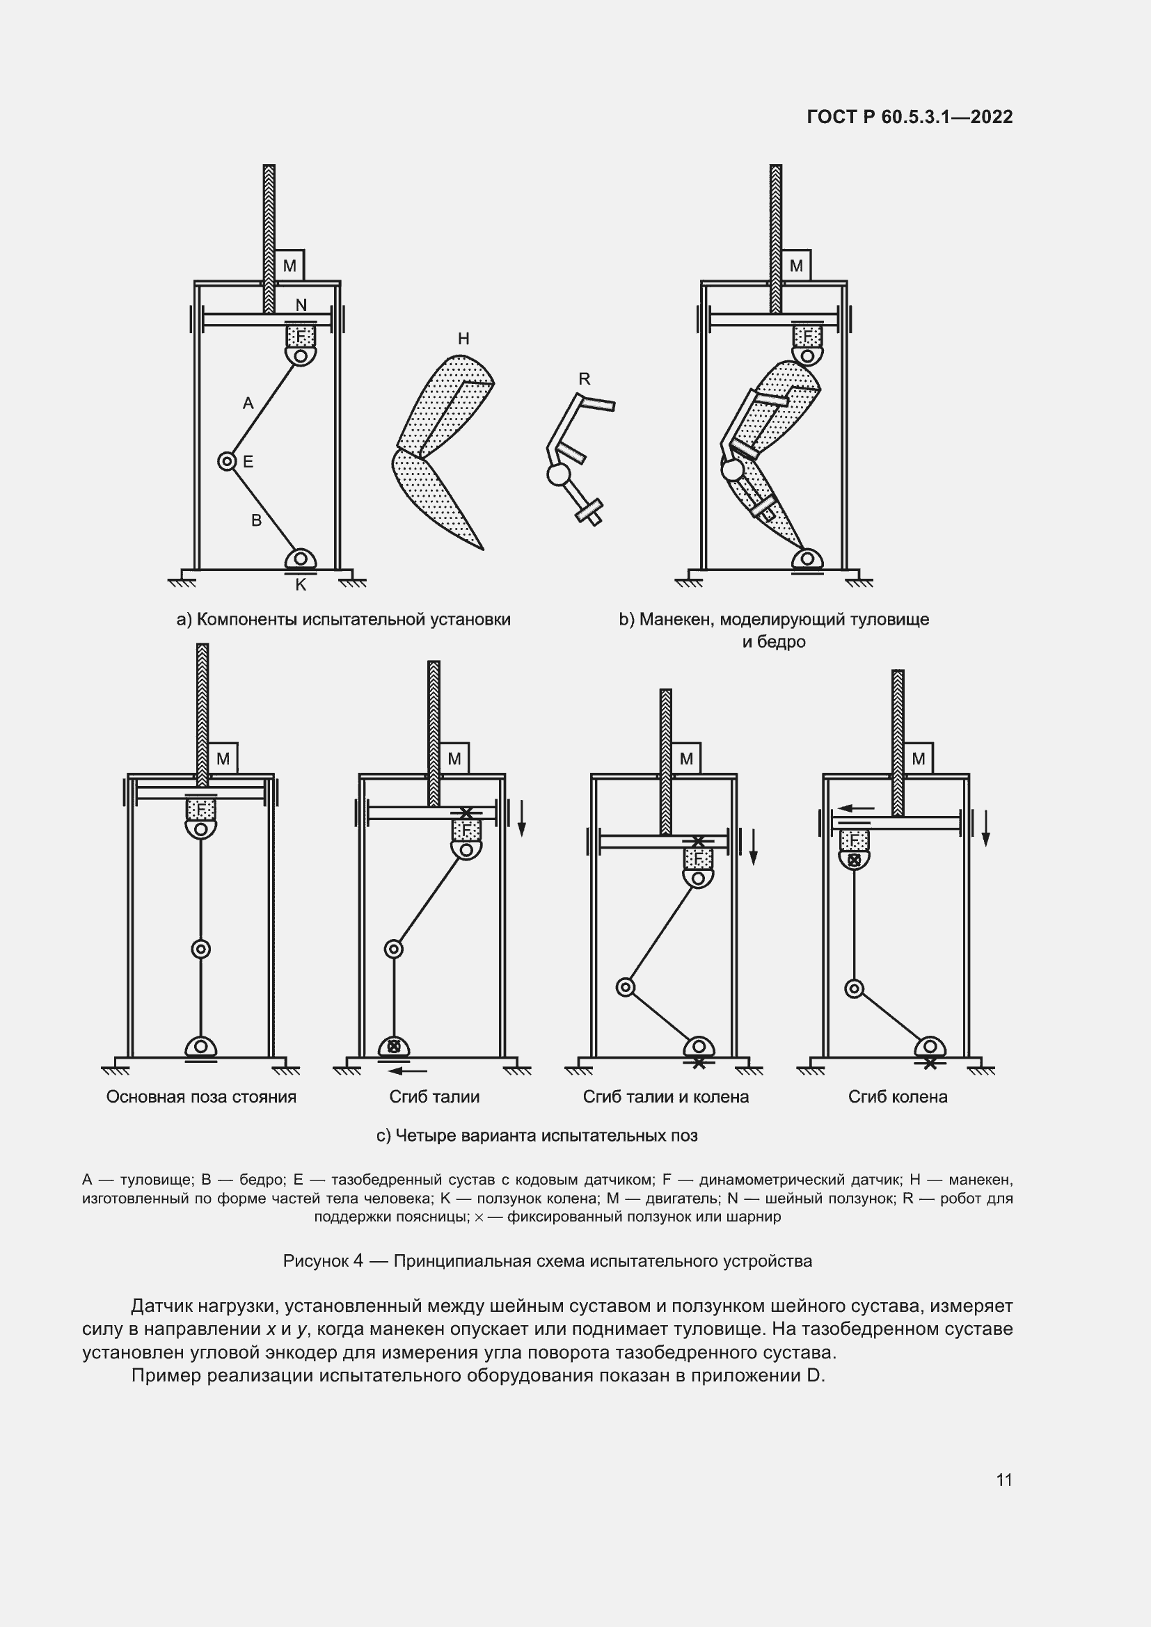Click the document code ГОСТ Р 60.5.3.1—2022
910,117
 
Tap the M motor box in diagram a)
289,266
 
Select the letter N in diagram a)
301,305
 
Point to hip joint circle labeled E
227,462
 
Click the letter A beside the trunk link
248,403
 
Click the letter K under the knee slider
301,584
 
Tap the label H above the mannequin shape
463,339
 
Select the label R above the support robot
584,379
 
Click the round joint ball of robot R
559,474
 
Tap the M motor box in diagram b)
796,266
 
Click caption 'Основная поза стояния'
201,1097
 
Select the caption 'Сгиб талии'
434,1097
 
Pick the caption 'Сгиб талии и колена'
665,1097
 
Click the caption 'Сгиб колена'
897,1097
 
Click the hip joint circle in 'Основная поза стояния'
201,949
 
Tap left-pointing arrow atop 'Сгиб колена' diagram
857,807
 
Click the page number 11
1003,1480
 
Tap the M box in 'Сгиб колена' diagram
919,759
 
